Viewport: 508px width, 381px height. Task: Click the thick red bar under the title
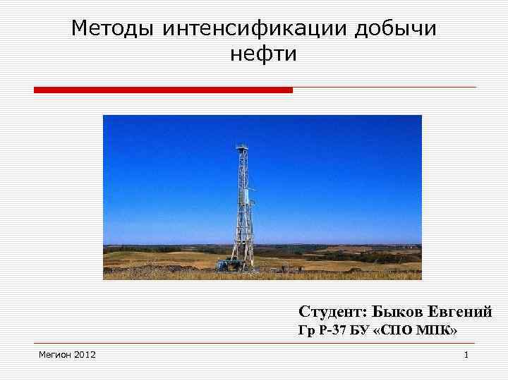[x=163, y=90]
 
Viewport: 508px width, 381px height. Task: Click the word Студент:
[x=332, y=312]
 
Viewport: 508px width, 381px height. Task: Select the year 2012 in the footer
[x=85, y=353]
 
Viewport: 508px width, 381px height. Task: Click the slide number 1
[x=466, y=354]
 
